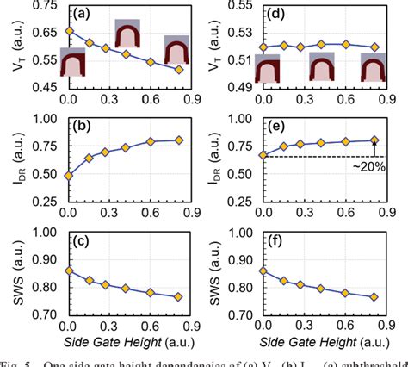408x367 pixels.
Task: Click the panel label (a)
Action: [x=78, y=13]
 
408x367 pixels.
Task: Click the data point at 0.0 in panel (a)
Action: [x=69, y=31]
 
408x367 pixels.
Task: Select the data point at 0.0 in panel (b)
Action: [x=69, y=176]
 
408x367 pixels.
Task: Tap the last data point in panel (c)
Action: [x=179, y=296]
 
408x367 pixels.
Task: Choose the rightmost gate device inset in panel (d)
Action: [x=374, y=67]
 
